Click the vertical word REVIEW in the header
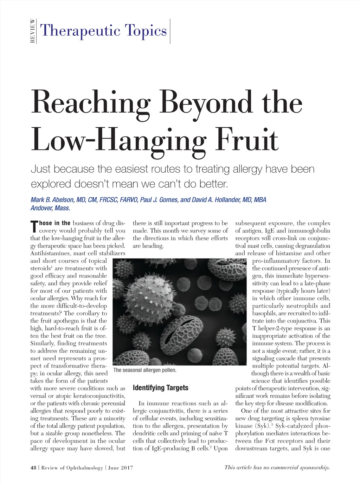33,31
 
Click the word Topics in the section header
144,31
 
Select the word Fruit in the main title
247,140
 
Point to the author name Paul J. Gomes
159,200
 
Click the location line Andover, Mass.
50,208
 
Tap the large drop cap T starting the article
34,227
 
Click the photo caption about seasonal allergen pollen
145,370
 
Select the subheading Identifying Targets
160,388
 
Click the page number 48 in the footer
33,468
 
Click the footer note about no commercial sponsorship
277,467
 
